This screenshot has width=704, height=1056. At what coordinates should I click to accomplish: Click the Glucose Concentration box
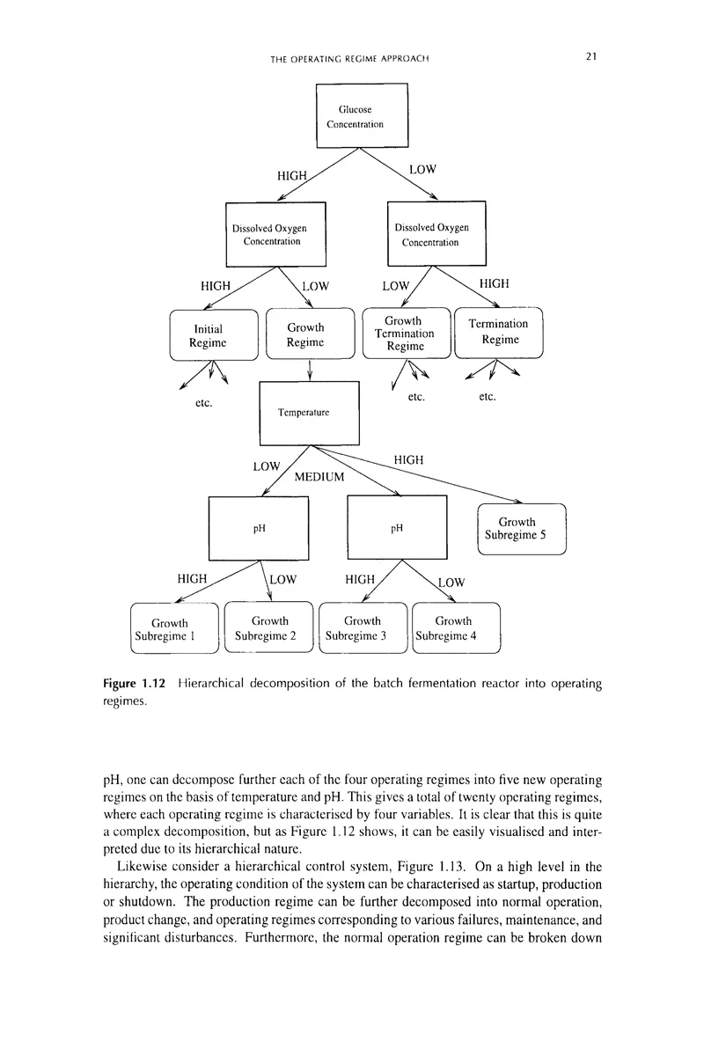[x=363, y=115]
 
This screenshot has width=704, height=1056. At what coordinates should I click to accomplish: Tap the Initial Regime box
[x=213, y=335]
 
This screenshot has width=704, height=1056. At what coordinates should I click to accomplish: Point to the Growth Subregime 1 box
[x=173, y=629]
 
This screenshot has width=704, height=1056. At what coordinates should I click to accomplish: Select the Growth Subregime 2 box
[x=269, y=629]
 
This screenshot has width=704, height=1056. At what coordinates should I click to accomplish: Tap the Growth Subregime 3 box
[x=363, y=629]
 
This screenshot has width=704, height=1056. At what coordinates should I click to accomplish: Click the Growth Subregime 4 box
[x=456, y=629]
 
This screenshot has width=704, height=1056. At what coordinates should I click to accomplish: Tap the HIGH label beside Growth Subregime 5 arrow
[x=409, y=458]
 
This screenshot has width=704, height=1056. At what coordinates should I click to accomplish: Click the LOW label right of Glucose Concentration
[x=423, y=167]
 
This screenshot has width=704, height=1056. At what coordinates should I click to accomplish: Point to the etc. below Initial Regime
[x=204, y=404]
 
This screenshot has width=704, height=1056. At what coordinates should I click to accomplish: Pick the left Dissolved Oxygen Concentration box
[x=275, y=233]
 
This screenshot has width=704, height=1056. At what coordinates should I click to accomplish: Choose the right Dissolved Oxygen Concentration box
[x=436, y=233]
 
